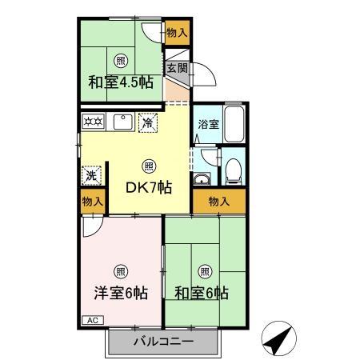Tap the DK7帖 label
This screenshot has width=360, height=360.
[149, 187]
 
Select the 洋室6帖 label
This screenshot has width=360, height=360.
[119, 293]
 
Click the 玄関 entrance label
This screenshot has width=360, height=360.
[177, 68]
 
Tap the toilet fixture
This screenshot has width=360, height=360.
[234, 169]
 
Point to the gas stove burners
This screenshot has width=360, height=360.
[93, 122]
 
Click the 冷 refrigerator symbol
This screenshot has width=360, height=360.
[147, 122]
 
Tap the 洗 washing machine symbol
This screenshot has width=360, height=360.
[91, 174]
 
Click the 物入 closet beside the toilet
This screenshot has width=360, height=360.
[219, 202]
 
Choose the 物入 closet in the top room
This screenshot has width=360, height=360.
[177, 33]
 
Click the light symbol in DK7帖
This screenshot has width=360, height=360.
[149, 166]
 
